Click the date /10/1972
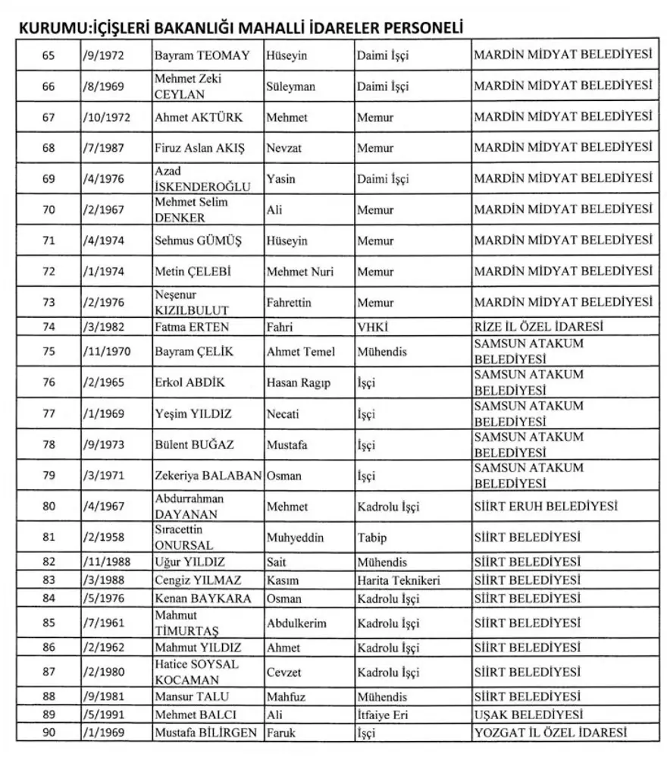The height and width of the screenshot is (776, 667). [x=105, y=117]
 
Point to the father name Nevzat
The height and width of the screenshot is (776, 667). [x=284, y=148]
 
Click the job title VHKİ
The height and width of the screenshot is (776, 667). [x=372, y=327]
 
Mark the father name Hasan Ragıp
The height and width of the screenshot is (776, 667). [x=299, y=382]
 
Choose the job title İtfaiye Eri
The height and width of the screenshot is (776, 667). [x=383, y=715]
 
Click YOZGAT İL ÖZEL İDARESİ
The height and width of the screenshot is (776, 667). [x=551, y=732]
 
